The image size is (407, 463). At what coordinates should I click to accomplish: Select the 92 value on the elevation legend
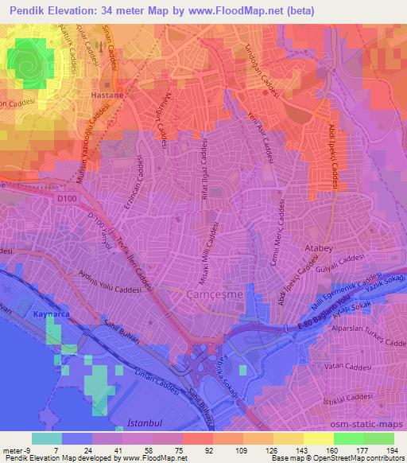click(x=196, y=451)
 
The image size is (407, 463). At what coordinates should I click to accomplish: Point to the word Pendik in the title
click(x=29, y=10)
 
